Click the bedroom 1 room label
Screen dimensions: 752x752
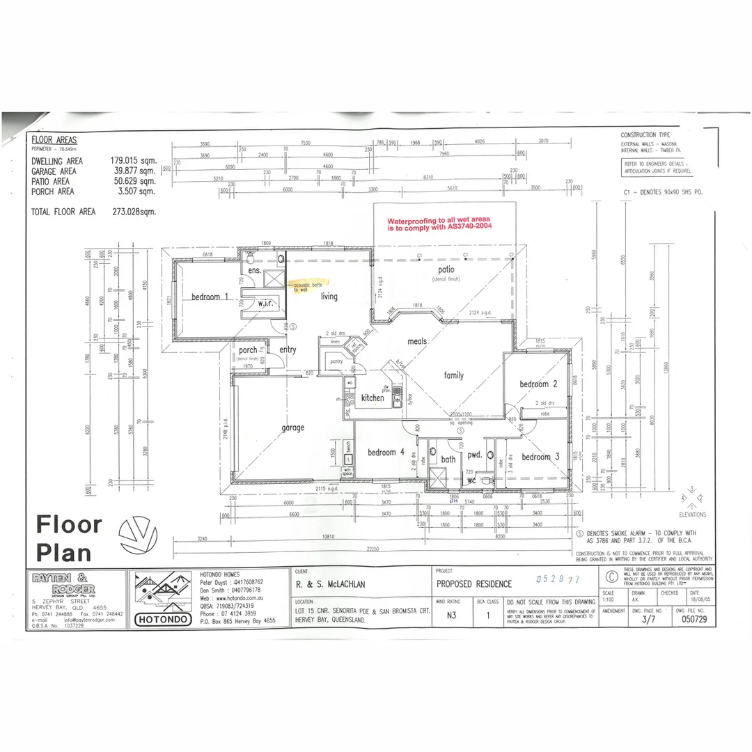pyautogui.click(x=210, y=297)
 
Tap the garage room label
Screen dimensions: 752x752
pyautogui.click(x=292, y=428)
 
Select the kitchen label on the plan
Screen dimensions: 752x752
pyautogui.click(x=373, y=398)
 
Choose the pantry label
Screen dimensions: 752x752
pyautogui.click(x=336, y=361)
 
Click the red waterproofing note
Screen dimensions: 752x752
pyautogui.click(x=439, y=222)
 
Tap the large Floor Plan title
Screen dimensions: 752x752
pyautogui.click(x=68, y=538)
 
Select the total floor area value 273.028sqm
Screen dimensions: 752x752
pyautogui.click(x=134, y=212)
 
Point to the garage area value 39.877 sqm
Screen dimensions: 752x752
pyautogui.click(x=133, y=171)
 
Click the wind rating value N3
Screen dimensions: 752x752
pyautogui.click(x=452, y=616)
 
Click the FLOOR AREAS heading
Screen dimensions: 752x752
pyautogui.click(x=54, y=139)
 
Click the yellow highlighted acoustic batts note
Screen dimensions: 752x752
pyautogui.click(x=303, y=286)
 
